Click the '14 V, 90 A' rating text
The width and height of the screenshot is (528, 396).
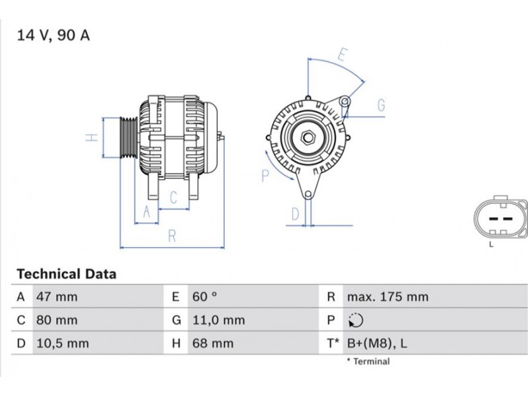pyautogui.click(x=53, y=36)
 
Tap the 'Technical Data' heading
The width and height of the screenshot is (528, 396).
pyautogui.click(x=67, y=274)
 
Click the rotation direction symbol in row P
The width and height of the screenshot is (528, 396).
pyautogui.click(x=356, y=320)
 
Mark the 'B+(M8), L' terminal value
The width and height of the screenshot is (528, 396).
pyautogui.click(x=377, y=343)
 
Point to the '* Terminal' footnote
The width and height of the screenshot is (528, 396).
pyautogui.click(x=368, y=362)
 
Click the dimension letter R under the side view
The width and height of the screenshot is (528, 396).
pyautogui.click(x=172, y=236)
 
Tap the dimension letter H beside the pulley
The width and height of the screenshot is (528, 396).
pyautogui.click(x=92, y=137)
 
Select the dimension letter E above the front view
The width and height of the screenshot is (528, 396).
pyautogui.click(x=343, y=55)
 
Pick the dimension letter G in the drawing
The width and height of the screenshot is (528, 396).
pyautogui.click(x=381, y=106)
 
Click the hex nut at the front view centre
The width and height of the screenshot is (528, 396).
pyautogui.click(x=307, y=137)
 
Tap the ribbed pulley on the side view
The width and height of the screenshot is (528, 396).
pyautogui.click(x=129, y=137)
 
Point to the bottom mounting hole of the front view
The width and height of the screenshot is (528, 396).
pyautogui.click(x=308, y=195)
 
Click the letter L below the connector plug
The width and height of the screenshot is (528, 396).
pyautogui.click(x=491, y=244)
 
